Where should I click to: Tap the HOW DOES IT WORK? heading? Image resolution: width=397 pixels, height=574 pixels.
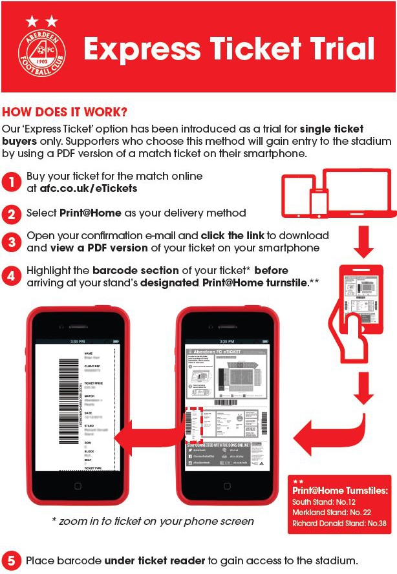(x=65, y=112)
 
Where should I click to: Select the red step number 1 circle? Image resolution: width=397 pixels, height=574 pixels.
(x=12, y=182)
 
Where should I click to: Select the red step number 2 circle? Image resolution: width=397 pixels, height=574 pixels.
(x=12, y=213)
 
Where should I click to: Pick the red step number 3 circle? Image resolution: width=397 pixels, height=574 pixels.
(x=12, y=242)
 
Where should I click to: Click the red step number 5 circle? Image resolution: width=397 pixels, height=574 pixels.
(x=12, y=560)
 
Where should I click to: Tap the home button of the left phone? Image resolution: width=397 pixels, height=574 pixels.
(x=78, y=485)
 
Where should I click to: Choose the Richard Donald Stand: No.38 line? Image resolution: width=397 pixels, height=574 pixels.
(x=339, y=522)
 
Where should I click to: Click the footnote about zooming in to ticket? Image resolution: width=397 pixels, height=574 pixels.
(x=153, y=521)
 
